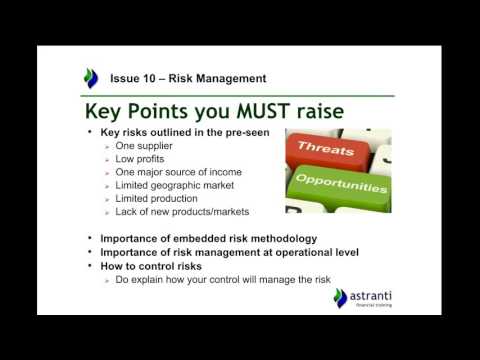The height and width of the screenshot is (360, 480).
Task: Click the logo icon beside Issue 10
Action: point(92,77)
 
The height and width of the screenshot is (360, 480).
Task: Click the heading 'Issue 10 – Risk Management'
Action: point(188,77)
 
